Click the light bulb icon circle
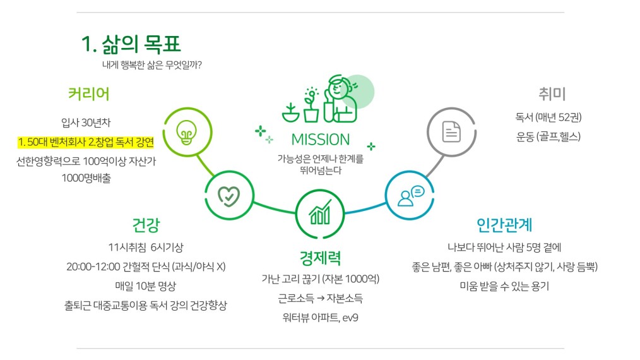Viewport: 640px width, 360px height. (187, 132)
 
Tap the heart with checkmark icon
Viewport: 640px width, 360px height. (229, 196)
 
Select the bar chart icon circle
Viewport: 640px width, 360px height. (320, 213)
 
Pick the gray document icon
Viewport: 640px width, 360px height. (451, 131)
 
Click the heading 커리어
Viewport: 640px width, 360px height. (89, 94)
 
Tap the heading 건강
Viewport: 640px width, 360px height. (146, 225)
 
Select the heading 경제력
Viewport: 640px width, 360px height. (320, 258)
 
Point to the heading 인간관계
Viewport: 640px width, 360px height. (504, 225)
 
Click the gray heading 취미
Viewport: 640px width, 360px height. (552, 94)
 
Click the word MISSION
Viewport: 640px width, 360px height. (321, 140)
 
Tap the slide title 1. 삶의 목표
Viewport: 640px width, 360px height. (131, 44)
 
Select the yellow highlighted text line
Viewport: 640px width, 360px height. (86, 142)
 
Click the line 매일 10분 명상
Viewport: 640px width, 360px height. (146, 286)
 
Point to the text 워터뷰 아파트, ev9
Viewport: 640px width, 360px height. (321, 318)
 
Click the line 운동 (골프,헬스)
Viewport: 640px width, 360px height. (548, 136)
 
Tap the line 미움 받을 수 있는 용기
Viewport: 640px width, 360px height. (504, 286)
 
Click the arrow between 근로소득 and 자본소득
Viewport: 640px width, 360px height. (321, 299)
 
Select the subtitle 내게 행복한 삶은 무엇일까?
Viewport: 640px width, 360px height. (152, 65)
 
